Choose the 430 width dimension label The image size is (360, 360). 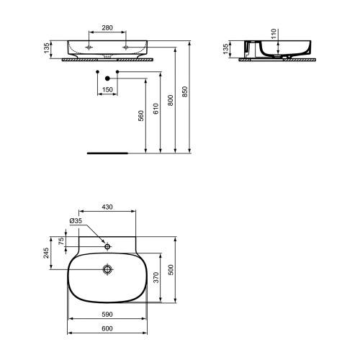coord(106,207)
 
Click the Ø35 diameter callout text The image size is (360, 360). coord(76,221)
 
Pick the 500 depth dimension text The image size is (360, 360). coord(171,269)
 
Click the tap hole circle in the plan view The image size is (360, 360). coord(107,246)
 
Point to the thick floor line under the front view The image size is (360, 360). coord(107,153)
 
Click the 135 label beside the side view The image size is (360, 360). coord(225,49)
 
